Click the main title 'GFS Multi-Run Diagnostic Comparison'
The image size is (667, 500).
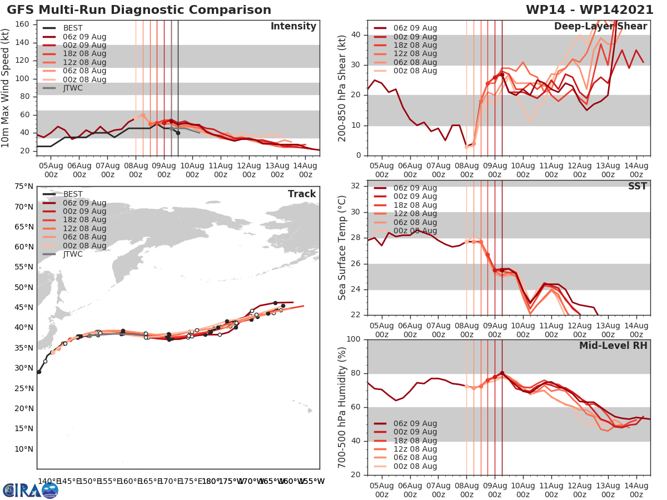(139, 10)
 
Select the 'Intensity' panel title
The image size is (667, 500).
(293, 27)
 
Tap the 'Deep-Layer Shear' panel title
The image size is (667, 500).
(600, 27)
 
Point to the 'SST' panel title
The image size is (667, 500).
(637, 186)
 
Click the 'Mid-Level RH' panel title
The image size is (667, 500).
(613, 346)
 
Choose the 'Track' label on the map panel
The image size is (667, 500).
(301, 194)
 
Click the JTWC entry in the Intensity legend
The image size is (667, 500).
(73, 88)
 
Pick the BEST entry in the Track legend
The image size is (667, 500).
(73, 194)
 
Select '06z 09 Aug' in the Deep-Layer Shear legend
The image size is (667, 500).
(414, 28)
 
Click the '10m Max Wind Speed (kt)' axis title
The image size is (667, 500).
(6, 85)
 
